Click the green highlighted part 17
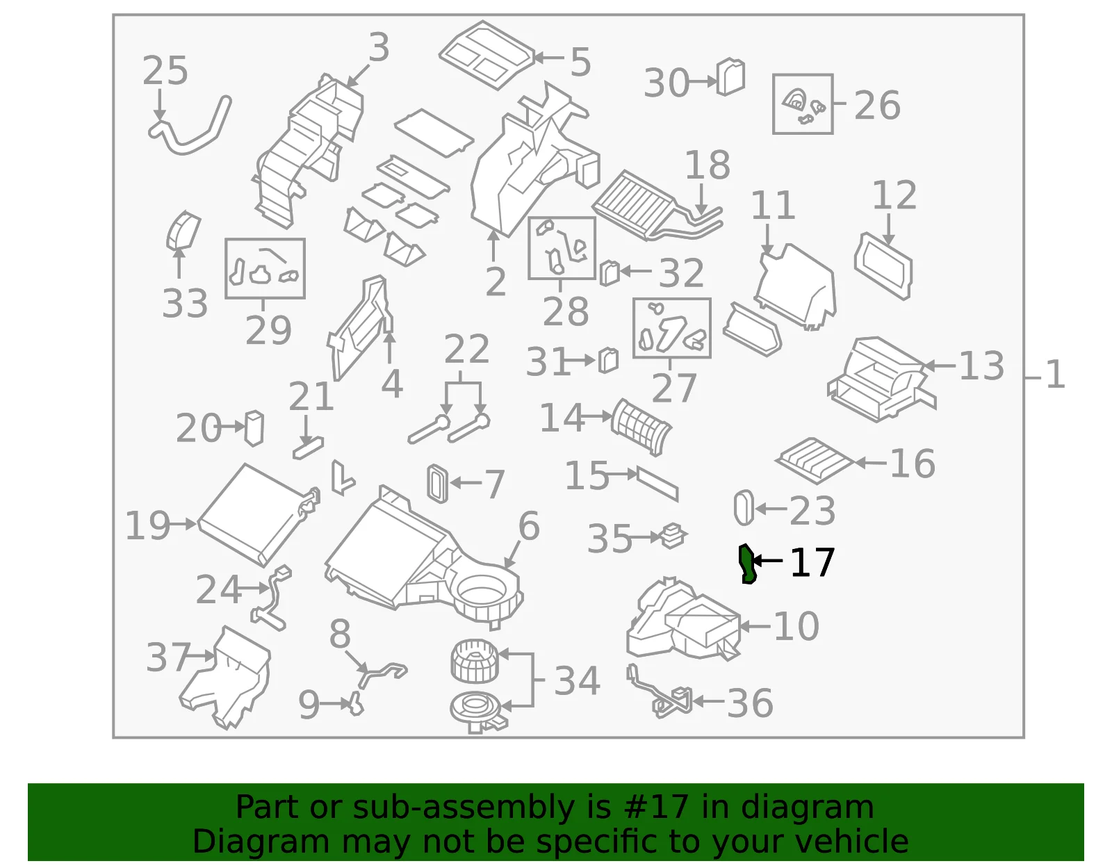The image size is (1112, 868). (747, 564)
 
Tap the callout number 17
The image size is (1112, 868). (812, 563)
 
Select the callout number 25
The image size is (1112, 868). (165, 71)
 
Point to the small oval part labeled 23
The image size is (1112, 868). (744, 507)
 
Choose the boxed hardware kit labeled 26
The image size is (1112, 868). (803, 104)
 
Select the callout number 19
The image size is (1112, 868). (147, 525)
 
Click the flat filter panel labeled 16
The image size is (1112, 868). (815, 460)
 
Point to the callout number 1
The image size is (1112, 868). (1055, 375)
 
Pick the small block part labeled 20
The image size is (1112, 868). (254, 428)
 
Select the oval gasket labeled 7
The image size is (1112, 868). (438, 484)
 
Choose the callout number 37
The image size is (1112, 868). (168, 657)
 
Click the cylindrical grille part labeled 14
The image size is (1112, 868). (641, 427)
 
